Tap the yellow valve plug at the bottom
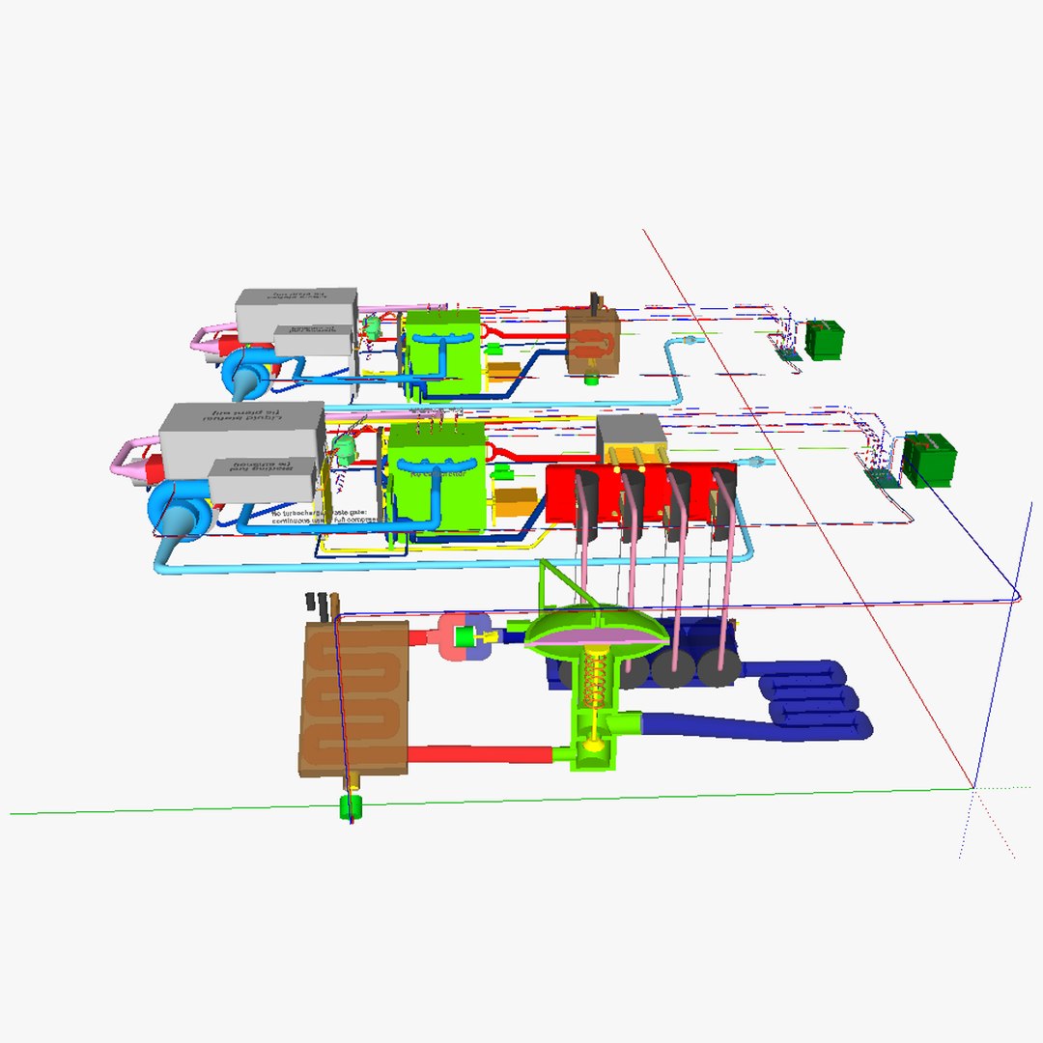(593, 745)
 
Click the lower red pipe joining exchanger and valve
(479, 754)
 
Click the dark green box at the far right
(929, 461)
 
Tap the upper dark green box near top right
(826, 340)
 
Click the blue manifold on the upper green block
(440, 338)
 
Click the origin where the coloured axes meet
(973, 788)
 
